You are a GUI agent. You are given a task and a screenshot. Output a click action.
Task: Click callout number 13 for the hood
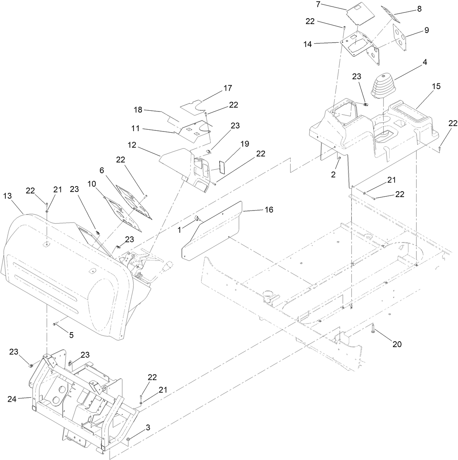[x=7, y=196]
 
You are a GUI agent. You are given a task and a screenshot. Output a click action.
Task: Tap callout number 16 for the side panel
[x=269, y=210]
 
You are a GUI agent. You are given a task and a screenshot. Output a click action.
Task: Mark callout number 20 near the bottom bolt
[x=397, y=344]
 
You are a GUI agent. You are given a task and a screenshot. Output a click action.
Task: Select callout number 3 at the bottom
[x=147, y=428]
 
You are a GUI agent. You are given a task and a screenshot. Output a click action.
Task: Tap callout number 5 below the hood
[x=71, y=335]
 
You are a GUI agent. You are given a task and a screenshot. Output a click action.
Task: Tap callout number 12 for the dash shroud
[x=132, y=145]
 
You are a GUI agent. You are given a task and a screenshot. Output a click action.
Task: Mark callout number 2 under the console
[x=333, y=174]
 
